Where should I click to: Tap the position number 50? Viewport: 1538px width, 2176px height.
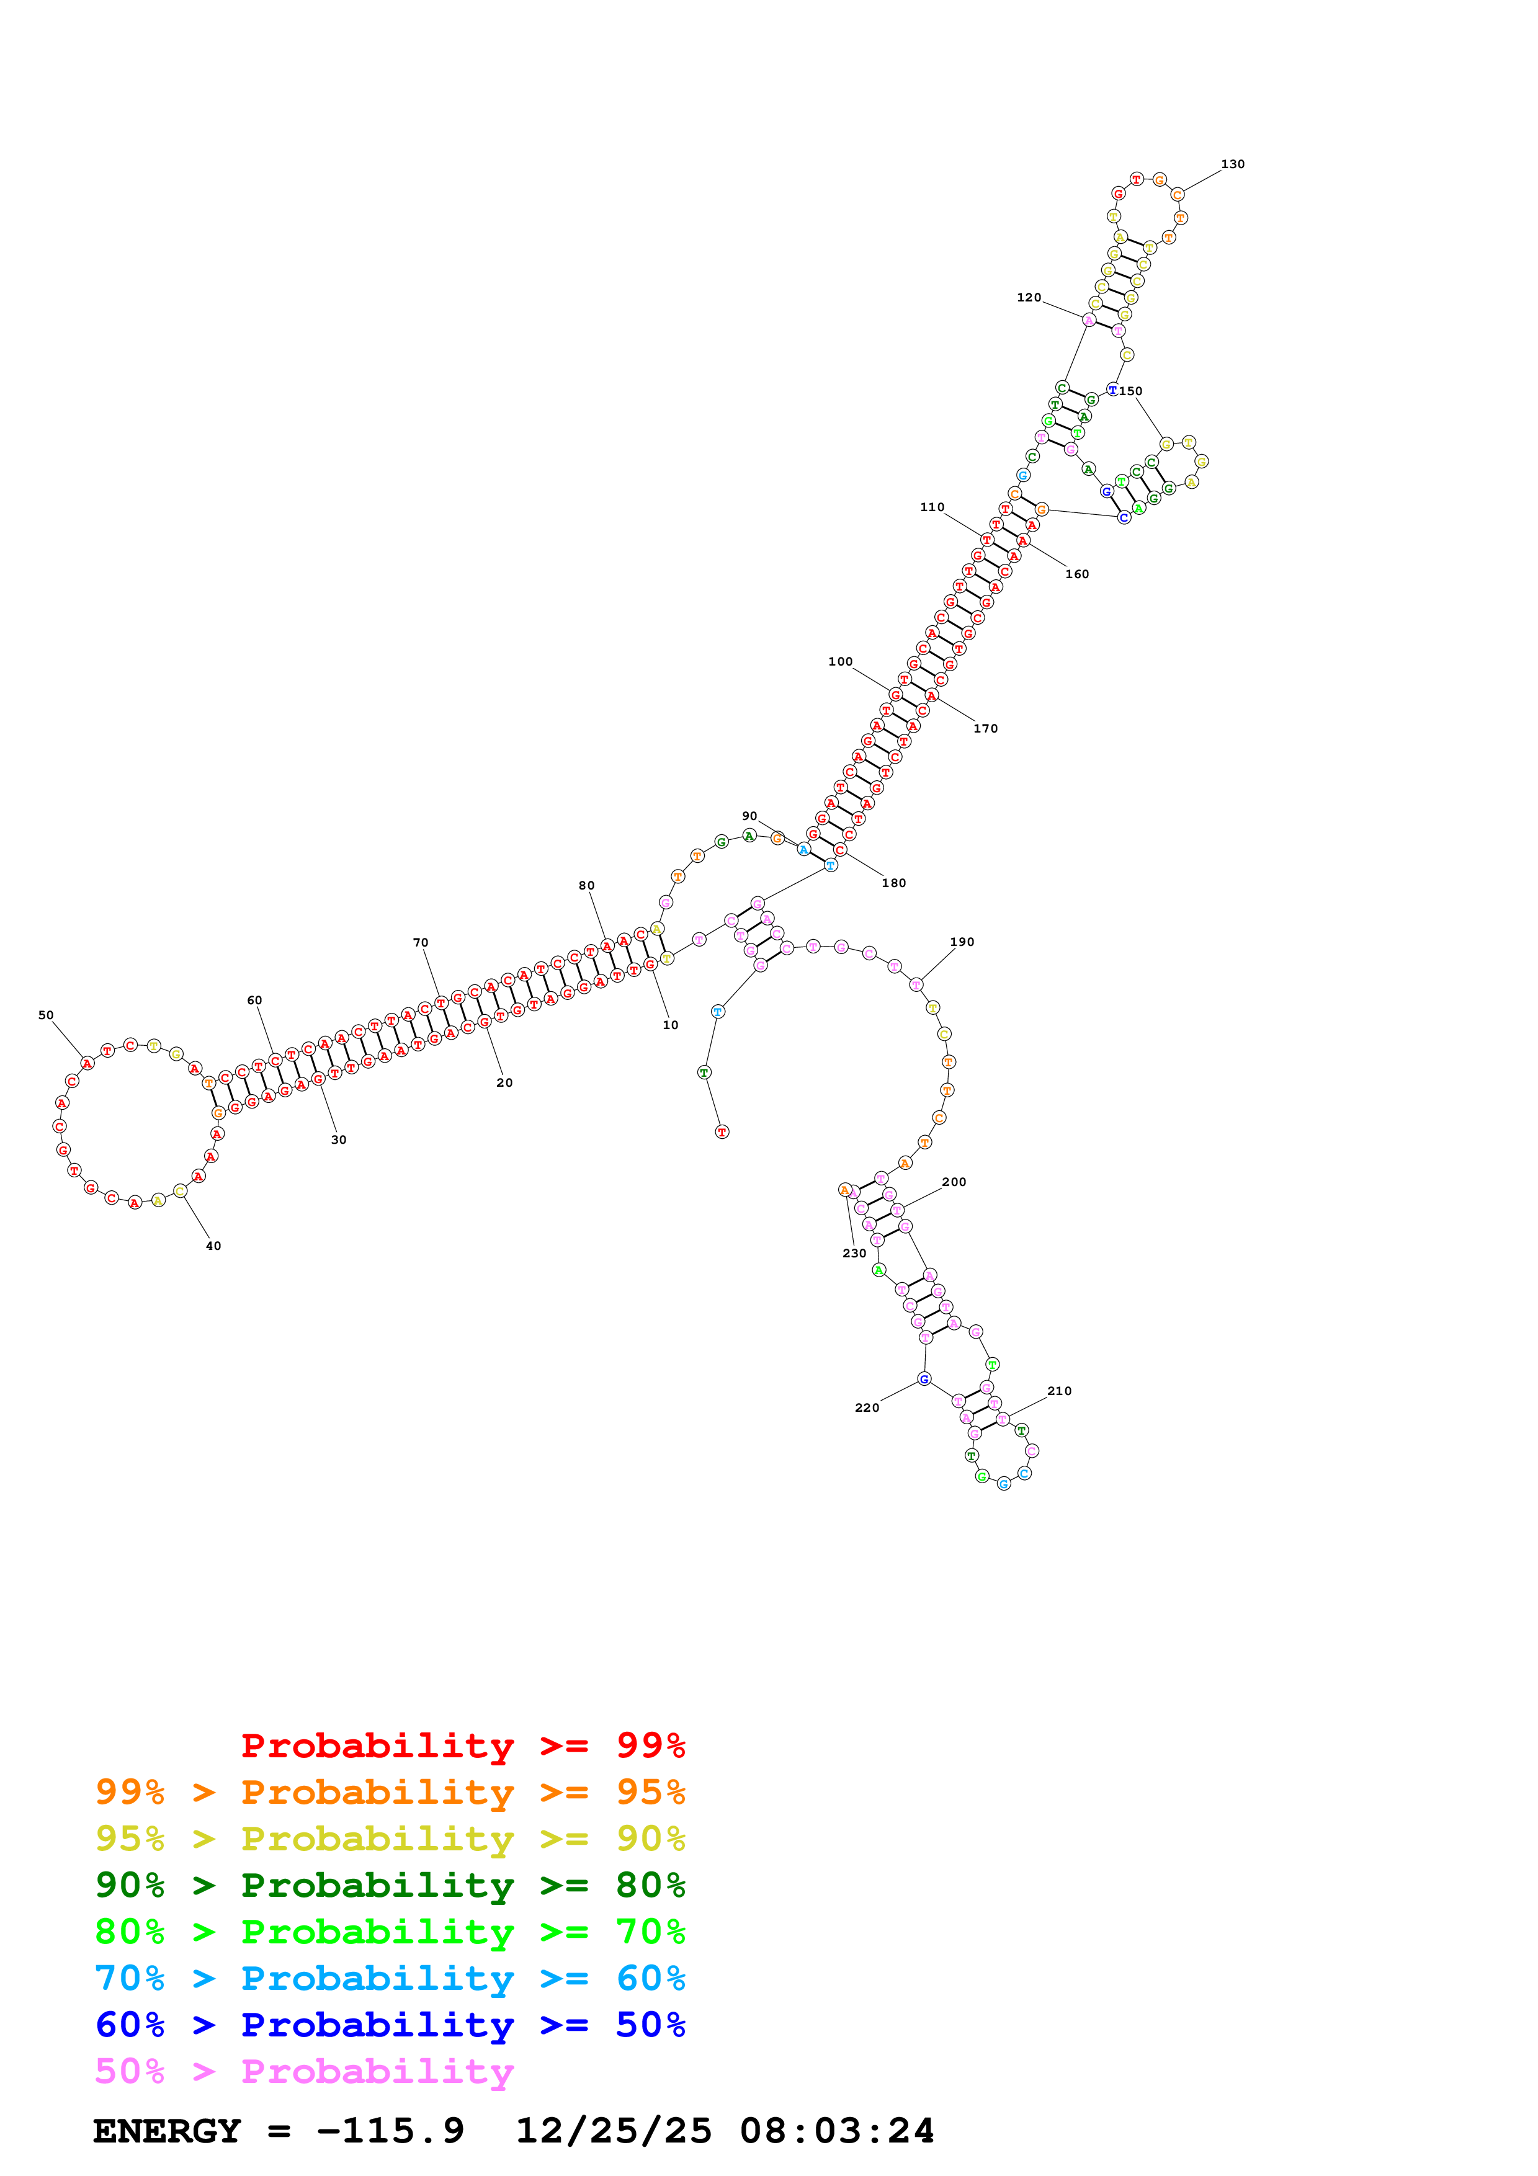pos(45,1015)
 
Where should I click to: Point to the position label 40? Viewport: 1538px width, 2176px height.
pos(213,1246)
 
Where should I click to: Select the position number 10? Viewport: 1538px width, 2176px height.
pos(670,1025)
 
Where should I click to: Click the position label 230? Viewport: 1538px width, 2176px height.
pos(854,1254)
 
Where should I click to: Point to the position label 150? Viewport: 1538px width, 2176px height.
pos(1130,391)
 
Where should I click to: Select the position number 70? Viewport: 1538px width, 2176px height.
pos(420,943)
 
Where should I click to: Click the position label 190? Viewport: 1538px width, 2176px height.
pos(962,942)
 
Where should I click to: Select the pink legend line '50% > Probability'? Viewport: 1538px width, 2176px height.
pos(304,2072)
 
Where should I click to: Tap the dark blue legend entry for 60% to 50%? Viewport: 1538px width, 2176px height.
pos(390,2025)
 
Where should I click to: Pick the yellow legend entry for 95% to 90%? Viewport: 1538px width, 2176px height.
pos(390,1839)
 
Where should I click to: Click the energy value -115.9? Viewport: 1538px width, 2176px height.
pos(390,2131)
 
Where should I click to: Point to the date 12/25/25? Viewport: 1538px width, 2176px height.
pos(613,2131)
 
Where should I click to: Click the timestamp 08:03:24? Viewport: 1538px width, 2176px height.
pos(837,2131)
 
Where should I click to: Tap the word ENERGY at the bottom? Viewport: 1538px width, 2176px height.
pos(167,2131)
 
